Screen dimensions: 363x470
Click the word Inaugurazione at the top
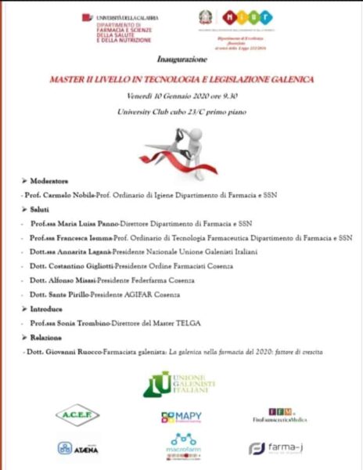pos(181,59)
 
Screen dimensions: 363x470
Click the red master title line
pos(181,78)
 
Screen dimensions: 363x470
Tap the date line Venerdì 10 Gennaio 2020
pos(181,96)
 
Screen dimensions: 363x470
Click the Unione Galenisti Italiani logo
pos(181,384)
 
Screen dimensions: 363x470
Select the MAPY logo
pos(181,418)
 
